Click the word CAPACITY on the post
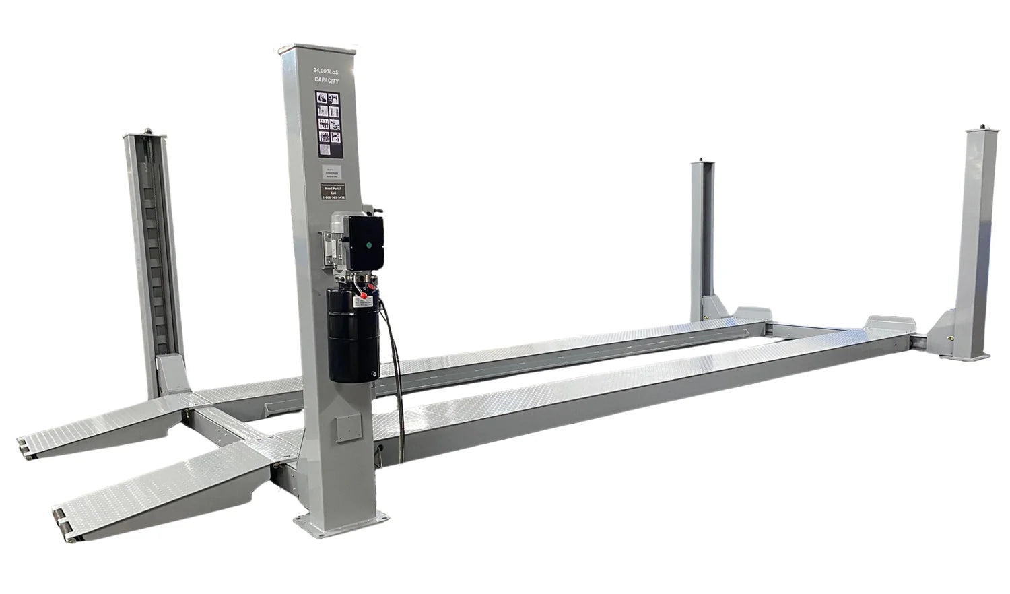327,80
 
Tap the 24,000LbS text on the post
327,70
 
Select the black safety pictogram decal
329,118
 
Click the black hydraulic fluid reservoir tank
351,330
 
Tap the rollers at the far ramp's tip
24,447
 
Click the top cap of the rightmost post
981,128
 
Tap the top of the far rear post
704,161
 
